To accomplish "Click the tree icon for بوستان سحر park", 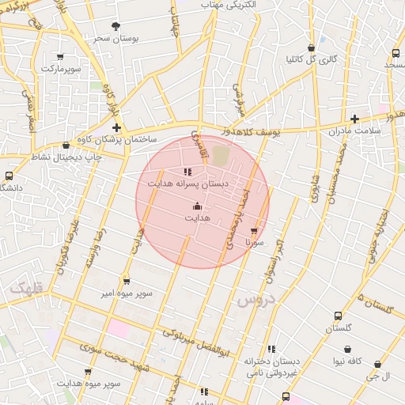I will click(x=117, y=26).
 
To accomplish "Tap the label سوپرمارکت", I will click(x=61, y=69).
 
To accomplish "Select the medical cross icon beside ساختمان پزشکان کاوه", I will click(x=117, y=127).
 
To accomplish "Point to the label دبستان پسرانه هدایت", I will click(x=188, y=183).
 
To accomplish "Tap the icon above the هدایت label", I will click(x=197, y=206).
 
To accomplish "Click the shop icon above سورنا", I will click(x=254, y=231).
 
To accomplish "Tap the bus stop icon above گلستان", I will click(x=338, y=315).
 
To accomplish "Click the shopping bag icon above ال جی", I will click(x=377, y=365).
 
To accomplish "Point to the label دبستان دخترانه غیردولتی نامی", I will click(x=271, y=365).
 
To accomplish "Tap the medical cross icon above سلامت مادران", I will click(x=355, y=118).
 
